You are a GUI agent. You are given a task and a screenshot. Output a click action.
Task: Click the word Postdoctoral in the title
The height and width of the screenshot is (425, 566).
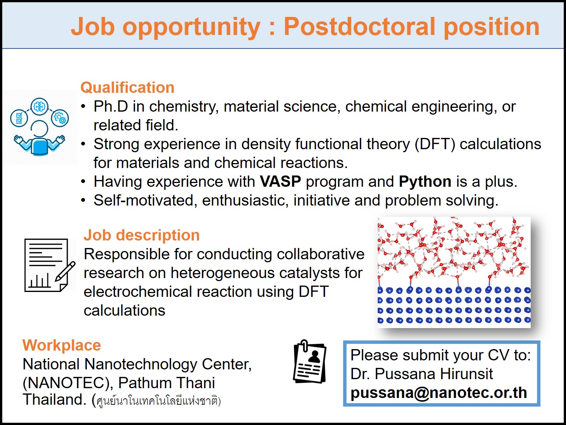pyautogui.click(x=361, y=27)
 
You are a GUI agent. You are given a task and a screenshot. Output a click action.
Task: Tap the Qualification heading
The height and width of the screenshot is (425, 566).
pyautogui.click(x=127, y=88)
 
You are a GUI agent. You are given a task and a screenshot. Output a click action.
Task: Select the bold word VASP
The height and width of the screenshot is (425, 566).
pyautogui.click(x=280, y=182)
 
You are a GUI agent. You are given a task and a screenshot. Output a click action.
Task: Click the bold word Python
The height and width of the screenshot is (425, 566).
pyautogui.click(x=425, y=182)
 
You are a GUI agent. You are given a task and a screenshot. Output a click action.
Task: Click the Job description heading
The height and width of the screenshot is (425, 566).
pyautogui.click(x=142, y=235)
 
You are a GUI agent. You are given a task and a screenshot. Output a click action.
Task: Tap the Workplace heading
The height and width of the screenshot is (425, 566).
pyautogui.click(x=62, y=345)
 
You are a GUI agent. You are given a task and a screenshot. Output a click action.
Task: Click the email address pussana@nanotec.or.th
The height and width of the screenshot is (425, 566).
pyautogui.click(x=439, y=393)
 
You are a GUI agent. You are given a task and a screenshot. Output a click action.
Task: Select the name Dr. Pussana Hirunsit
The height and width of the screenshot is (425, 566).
pyautogui.click(x=421, y=374)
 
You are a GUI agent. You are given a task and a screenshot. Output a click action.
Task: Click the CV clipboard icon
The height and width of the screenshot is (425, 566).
pyautogui.click(x=309, y=363)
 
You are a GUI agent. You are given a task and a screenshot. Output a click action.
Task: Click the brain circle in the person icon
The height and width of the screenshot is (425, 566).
pyautogui.click(x=39, y=107)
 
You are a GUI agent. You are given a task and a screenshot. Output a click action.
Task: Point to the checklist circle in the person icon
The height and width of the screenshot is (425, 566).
pyautogui.click(x=19, y=118)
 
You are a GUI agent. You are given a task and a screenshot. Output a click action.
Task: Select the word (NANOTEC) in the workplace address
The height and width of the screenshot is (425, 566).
pyautogui.click(x=68, y=383)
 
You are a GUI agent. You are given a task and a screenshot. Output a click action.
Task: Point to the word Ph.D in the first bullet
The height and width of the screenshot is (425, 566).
pyautogui.click(x=110, y=107)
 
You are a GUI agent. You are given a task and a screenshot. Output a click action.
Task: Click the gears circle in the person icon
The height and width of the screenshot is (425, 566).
pyautogui.click(x=60, y=118)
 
